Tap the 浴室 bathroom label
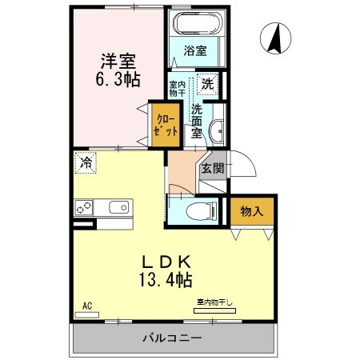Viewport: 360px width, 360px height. (196, 50)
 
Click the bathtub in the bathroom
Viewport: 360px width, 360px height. (195, 25)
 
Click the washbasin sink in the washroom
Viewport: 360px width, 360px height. (215, 132)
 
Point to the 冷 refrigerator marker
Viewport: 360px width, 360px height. (86, 164)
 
